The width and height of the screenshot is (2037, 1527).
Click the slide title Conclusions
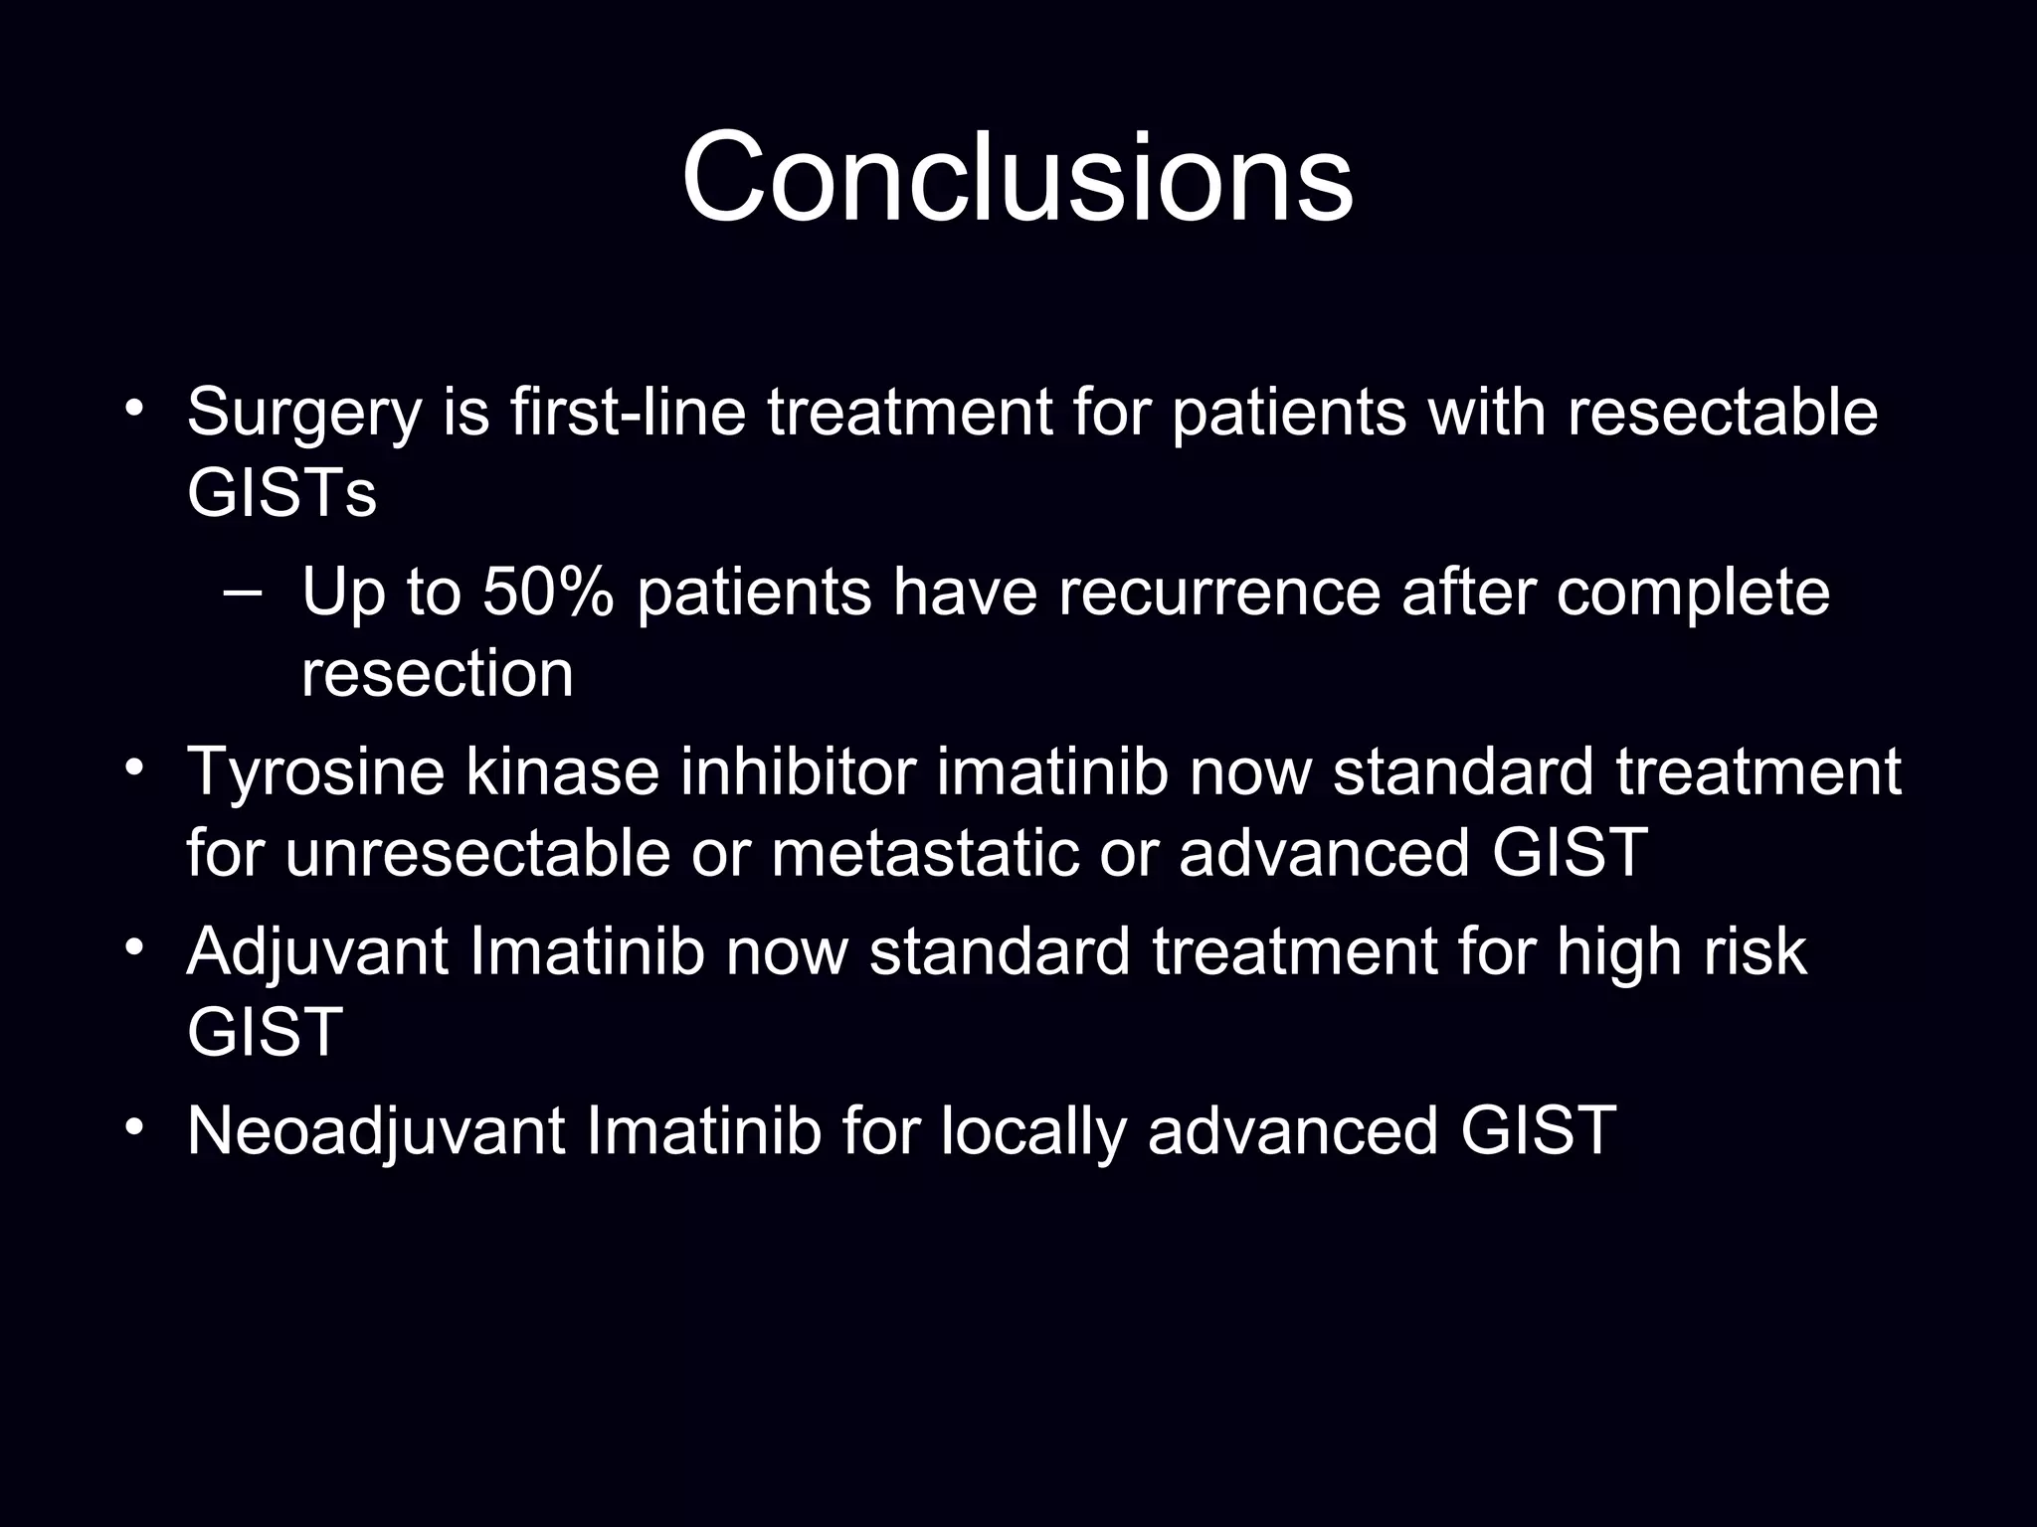point(1017,179)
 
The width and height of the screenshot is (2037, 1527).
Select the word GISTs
point(281,493)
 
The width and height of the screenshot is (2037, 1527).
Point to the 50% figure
point(548,593)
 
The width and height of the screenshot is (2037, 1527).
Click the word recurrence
point(1218,593)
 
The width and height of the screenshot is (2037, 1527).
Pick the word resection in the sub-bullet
point(438,674)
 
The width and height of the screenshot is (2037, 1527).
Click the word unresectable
point(477,853)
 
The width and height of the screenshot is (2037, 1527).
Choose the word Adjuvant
point(317,952)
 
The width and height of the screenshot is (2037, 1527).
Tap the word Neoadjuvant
point(376,1131)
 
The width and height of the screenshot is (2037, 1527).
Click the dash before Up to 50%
point(240,594)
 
